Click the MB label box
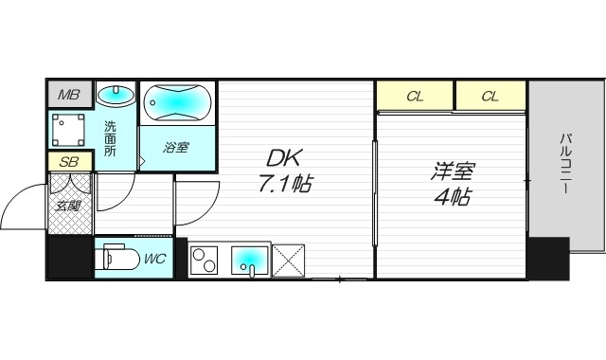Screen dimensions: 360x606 pos(68,95)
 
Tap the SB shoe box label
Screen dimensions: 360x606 pos(68,161)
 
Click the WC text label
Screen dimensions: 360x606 pos(154,257)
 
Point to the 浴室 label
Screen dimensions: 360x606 pos(177,148)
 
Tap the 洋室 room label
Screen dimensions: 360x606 pos(452,172)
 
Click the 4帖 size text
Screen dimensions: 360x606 pos(453,198)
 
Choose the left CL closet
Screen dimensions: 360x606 pos(414,96)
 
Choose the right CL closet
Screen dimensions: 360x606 pos(489,96)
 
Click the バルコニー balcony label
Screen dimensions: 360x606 pos(565,164)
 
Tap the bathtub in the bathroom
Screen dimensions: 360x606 pos(178,102)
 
